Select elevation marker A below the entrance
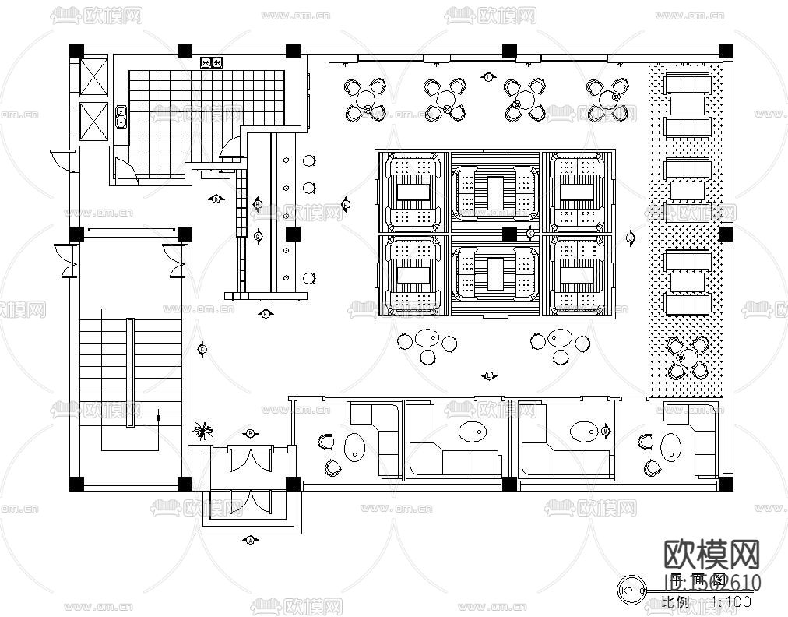click(x=250, y=539)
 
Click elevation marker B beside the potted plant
click(x=251, y=432)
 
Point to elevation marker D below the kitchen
click(x=216, y=199)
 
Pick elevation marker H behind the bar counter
click(x=258, y=204)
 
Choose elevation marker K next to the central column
click(x=530, y=233)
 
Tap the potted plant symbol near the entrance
click(x=204, y=431)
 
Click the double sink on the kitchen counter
click(x=121, y=117)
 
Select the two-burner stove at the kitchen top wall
click(x=212, y=62)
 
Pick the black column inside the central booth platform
click(x=508, y=233)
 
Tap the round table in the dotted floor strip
click(x=688, y=358)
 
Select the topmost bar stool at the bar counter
click(x=308, y=161)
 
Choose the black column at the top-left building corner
click(x=76, y=51)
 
